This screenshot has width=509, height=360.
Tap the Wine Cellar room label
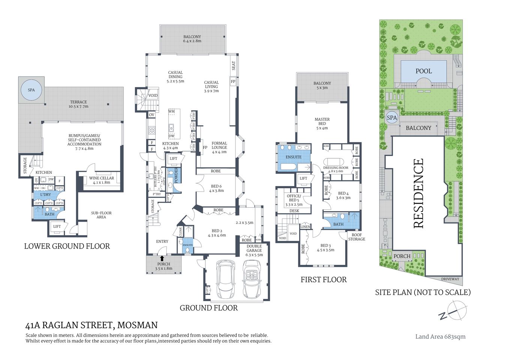point(102,180)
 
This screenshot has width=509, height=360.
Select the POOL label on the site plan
point(424,71)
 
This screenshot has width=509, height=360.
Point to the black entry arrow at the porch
point(162,258)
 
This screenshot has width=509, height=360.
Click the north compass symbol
point(454,310)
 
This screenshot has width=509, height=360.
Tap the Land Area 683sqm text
point(440,336)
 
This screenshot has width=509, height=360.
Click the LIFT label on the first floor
point(303,178)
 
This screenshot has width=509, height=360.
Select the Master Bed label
point(322,123)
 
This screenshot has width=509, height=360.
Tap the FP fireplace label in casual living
point(233,81)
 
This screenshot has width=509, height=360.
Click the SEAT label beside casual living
point(234,66)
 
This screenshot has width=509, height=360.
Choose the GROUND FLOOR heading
point(208,308)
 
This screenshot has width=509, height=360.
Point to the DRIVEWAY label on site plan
point(450,279)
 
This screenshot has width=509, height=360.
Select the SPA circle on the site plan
point(392,118)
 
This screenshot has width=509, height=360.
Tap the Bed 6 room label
point(216,188)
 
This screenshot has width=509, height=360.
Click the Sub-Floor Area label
point(101,215)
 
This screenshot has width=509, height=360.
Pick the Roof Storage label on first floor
point(356,237)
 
